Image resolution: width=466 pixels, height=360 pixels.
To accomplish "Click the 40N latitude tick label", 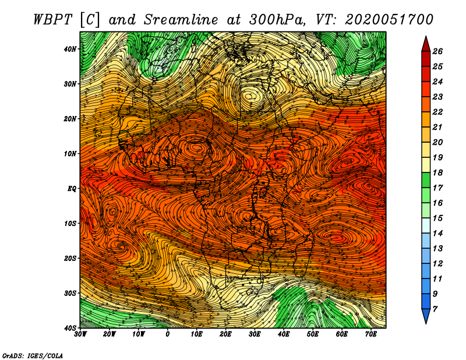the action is click(x=70, y=49).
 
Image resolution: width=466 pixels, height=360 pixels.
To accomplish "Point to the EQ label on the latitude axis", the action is click(x=72, y=189).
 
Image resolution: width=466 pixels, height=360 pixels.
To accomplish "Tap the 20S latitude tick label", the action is click(x=70, y=258).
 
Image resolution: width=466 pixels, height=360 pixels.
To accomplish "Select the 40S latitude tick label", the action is click(x=70, y=328).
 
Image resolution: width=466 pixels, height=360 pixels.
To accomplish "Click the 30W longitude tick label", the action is click(x=80, y=334).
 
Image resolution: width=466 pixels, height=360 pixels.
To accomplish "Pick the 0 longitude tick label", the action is click(x=168, y=334).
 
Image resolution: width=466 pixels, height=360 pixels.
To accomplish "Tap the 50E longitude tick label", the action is click(x=313, y=334).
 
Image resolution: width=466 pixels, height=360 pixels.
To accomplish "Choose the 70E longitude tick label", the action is click(x=371, y=334).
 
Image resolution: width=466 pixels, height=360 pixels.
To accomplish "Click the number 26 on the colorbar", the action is click(x=437, y=51).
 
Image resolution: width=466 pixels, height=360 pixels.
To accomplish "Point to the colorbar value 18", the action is click(x=437, y=172).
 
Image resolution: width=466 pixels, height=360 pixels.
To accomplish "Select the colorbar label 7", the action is click(x=435, y=309).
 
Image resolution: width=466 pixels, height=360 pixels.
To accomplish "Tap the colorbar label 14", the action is click(x=437, y=234).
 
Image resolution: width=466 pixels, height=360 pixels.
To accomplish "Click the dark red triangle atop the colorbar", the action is click(x=426, y=45).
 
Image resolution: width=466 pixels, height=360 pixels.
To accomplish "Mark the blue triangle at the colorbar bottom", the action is click(x=426, y=315).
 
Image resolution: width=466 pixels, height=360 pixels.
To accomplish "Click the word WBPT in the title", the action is click(x=53, y=20).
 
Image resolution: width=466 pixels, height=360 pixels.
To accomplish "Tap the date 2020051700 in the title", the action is click(x=389, y=20).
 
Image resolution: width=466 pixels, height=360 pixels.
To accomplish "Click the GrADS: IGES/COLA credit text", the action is click(x=33, y=356).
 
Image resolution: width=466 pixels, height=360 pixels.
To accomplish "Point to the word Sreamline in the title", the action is click(x=181, y=20).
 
